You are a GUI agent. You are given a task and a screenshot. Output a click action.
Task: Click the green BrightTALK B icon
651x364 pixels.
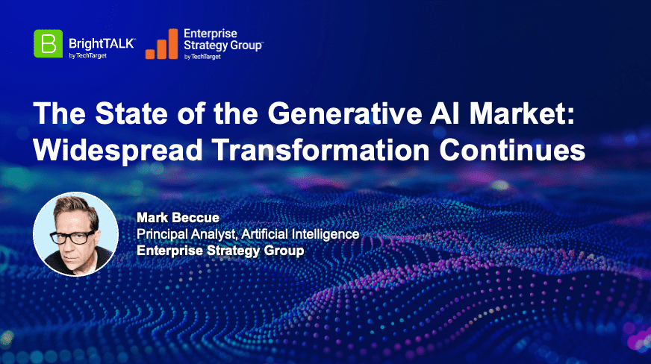(x=49, y=43)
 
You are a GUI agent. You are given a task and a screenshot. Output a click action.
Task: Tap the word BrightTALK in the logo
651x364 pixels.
(x=102, y=43)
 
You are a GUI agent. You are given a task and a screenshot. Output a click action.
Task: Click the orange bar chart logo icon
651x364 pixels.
(x=161, y=44)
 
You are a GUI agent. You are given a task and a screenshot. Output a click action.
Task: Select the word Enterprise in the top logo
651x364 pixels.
(x=211, y=34)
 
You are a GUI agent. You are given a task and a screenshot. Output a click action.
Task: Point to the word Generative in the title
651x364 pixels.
(x=344, y=113)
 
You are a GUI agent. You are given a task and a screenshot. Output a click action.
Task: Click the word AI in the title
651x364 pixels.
(x=445, y=113)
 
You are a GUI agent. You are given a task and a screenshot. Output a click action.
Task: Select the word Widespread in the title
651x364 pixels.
(x=118, y=150)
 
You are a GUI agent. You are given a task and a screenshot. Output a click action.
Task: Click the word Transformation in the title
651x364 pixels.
(x=321, y=150)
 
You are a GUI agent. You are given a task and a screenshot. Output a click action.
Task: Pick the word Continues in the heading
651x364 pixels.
(x=512, y=150)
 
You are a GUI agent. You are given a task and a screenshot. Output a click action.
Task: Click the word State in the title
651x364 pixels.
(x=131, y=113)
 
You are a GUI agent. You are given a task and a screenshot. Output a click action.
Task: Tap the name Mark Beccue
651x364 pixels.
(x=178, y=218)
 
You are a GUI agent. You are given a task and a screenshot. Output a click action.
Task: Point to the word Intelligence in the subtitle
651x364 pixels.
(x=325, y=235)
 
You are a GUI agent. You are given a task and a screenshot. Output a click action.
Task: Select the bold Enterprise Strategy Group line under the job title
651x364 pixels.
(x=220, y=251)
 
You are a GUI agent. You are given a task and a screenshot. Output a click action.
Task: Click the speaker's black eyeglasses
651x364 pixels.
(x=73, y=237)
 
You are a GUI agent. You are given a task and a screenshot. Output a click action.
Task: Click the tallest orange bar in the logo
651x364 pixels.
(x=173, y=44)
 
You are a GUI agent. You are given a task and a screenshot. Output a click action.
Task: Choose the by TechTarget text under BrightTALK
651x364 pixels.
(x=87, y=55)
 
